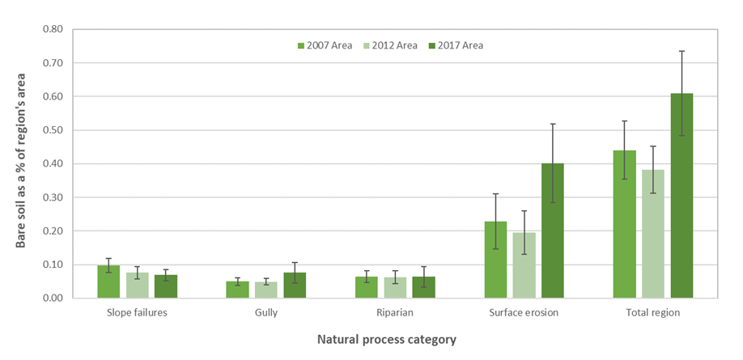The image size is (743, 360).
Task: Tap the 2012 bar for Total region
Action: pyautogui.click(x=653, y=234)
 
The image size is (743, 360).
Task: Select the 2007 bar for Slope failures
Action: pyautogui.click(x=108, y=282)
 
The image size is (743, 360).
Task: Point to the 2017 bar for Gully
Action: pyautogui.click(x=295, y=286)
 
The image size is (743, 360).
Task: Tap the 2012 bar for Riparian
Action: pyautogui.click(x=396, y=288)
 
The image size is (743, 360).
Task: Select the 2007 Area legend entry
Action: pyautogui.click(x=324, y=45)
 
